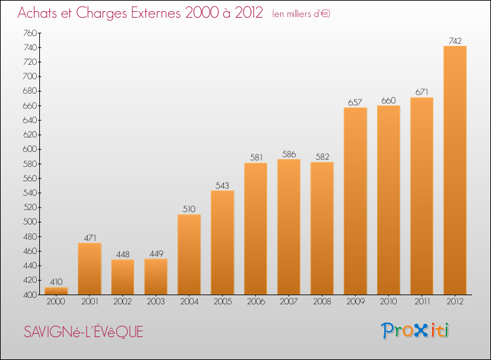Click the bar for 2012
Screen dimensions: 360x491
tap(455, 170)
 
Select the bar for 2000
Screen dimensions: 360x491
tap(56, 291)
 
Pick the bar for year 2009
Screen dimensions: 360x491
tap(355, 200)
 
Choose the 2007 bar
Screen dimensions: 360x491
tap(289, 226)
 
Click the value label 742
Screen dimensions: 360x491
tap(455, 41)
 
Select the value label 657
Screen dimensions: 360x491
tap(355, 103)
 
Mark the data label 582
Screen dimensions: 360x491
tap(322, 157)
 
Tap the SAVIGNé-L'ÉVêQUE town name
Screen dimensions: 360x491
tap(83, 332)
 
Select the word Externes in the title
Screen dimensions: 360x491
tap(140, 12)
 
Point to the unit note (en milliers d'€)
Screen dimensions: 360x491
tap(302, 14)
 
